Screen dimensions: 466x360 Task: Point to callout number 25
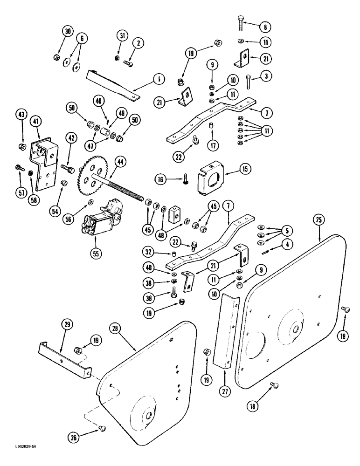coord(319,219)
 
